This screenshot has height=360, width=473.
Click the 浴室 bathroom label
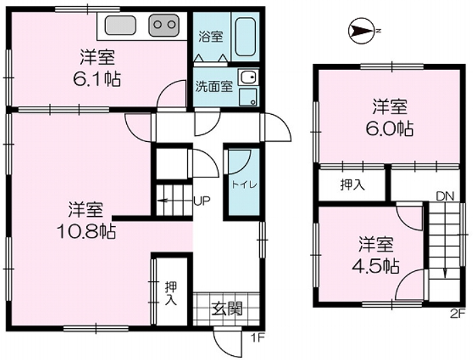(x=210, y=37)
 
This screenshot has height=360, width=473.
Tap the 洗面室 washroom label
(x=214, y=85)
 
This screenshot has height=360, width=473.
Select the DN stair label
(x=441, y=196)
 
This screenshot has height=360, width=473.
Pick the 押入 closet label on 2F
(x=351, y=184)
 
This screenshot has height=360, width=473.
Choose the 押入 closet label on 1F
(x=170, y=292)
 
